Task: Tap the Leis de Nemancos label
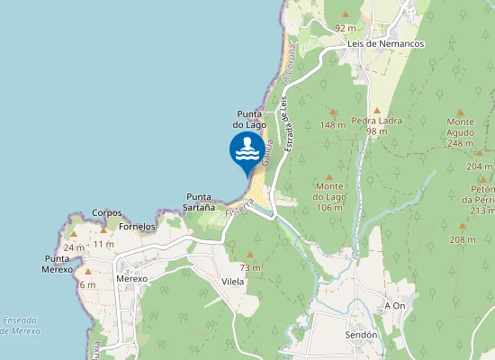point(386,43)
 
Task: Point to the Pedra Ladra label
point(376,125)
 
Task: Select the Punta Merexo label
point(57,264)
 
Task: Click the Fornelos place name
point(137,227)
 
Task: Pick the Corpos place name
point(107,213)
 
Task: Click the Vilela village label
point(234,281)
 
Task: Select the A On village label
point(394,305)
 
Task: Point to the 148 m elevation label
point(333,125)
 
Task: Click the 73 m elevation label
point(249,268)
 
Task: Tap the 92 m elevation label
point(346,28)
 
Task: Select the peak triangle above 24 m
point(75,233)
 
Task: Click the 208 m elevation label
point(463,239)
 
